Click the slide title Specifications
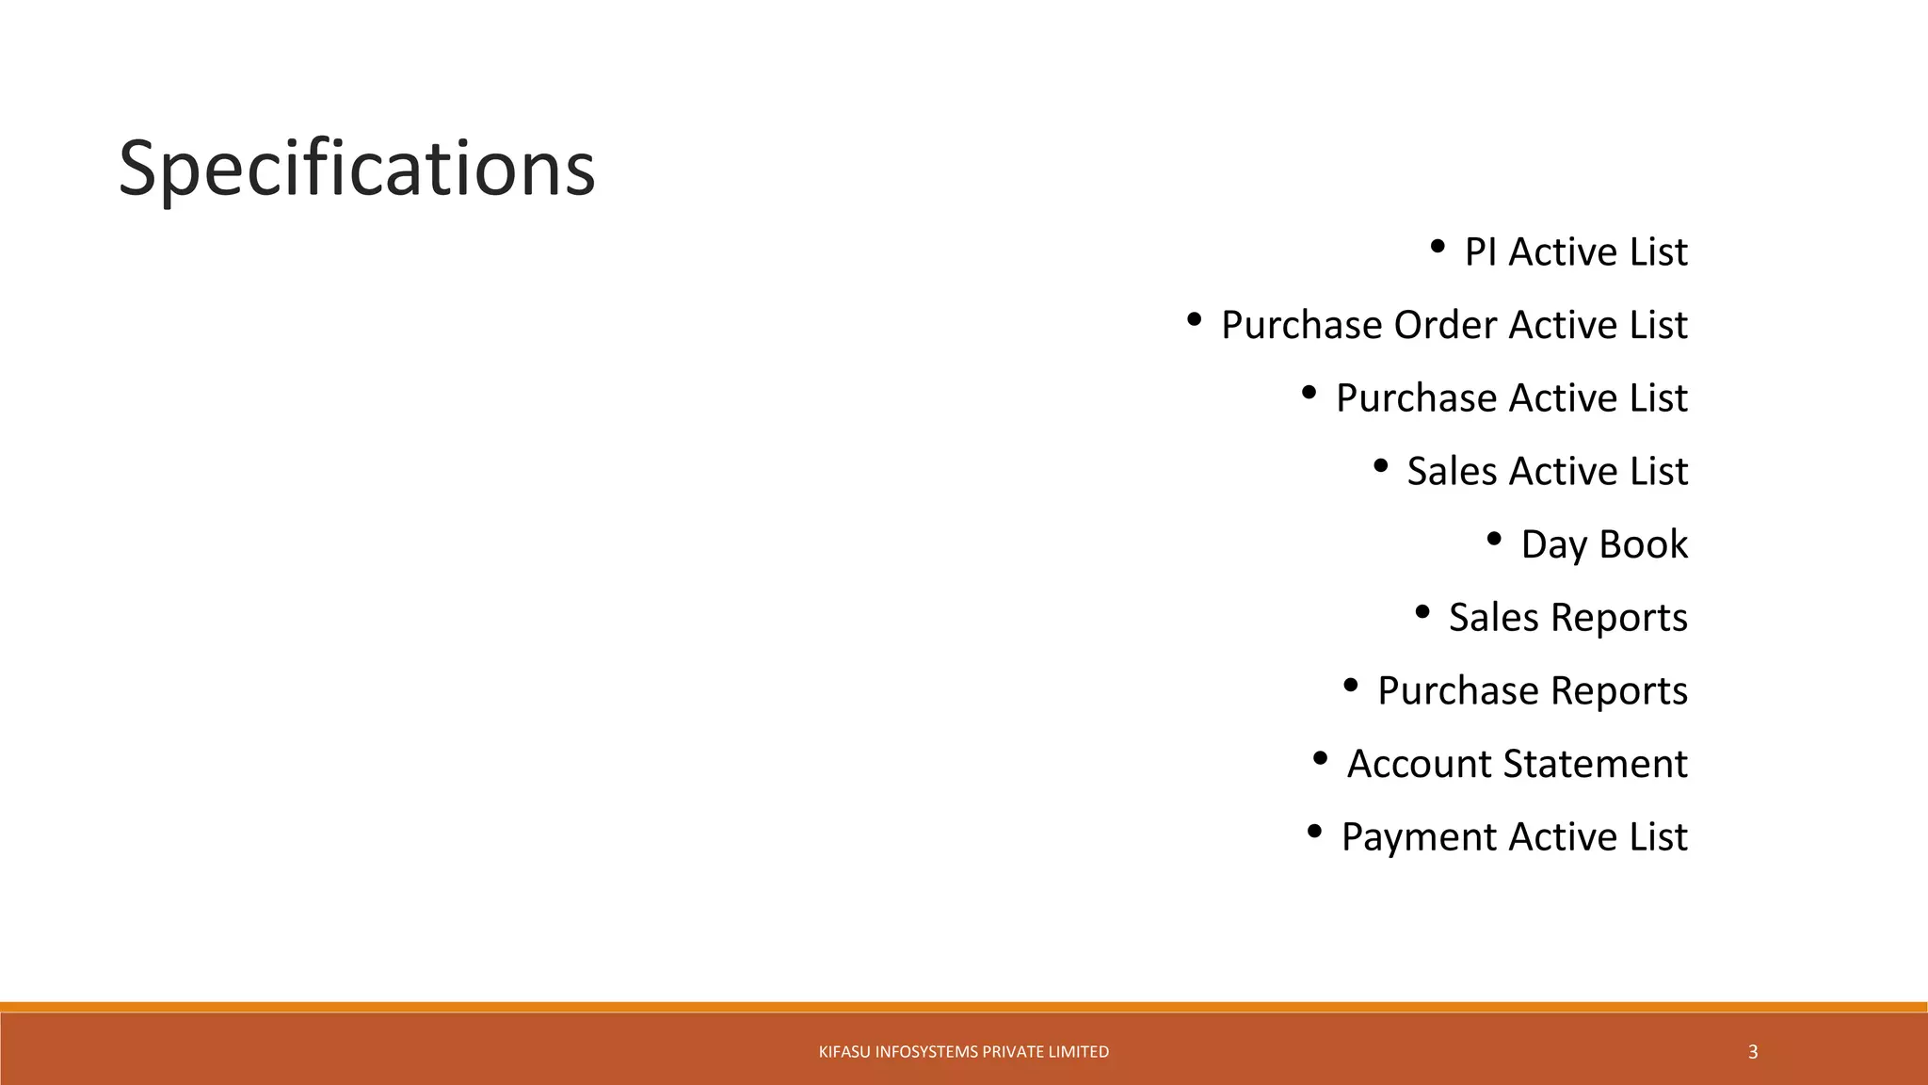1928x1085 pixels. click(356, 170)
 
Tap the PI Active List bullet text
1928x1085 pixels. click(1575, 252)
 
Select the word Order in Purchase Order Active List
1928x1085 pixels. click(1446, 326)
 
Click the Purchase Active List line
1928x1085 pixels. click(1511, 398)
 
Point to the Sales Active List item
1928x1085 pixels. click(1547, 472)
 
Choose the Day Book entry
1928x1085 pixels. click(1604, 545)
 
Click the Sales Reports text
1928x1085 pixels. click(1567, 618)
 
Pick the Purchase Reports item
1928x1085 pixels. click(1532, 691)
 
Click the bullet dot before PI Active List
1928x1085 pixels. click(1437, 247)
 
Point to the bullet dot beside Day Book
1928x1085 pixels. click(1494, 540)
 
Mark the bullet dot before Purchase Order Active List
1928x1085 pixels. click(1194, 320)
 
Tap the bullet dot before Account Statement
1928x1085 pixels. click(1320, 758)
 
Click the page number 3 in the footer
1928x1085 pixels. click(1753, 1052)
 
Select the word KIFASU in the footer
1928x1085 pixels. click(844, 1052)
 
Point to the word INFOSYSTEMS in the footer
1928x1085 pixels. click(927, 1052)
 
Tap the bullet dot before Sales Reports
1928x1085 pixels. click(1422, 613)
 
